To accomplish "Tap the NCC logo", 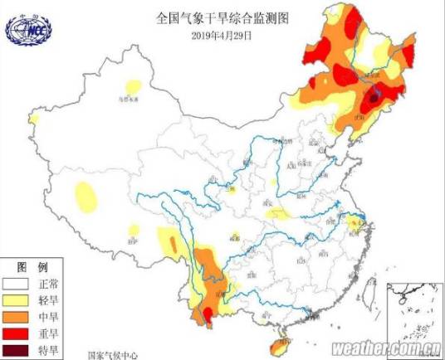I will [27, 29].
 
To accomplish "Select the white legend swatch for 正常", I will [17, 282].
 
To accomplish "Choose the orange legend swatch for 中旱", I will [17, 315].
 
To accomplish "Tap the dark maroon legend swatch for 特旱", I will [17, 349].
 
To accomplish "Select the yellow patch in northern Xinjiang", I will [131, 85].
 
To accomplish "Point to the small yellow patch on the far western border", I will [33, 119].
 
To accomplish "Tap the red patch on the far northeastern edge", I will [408, 55].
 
